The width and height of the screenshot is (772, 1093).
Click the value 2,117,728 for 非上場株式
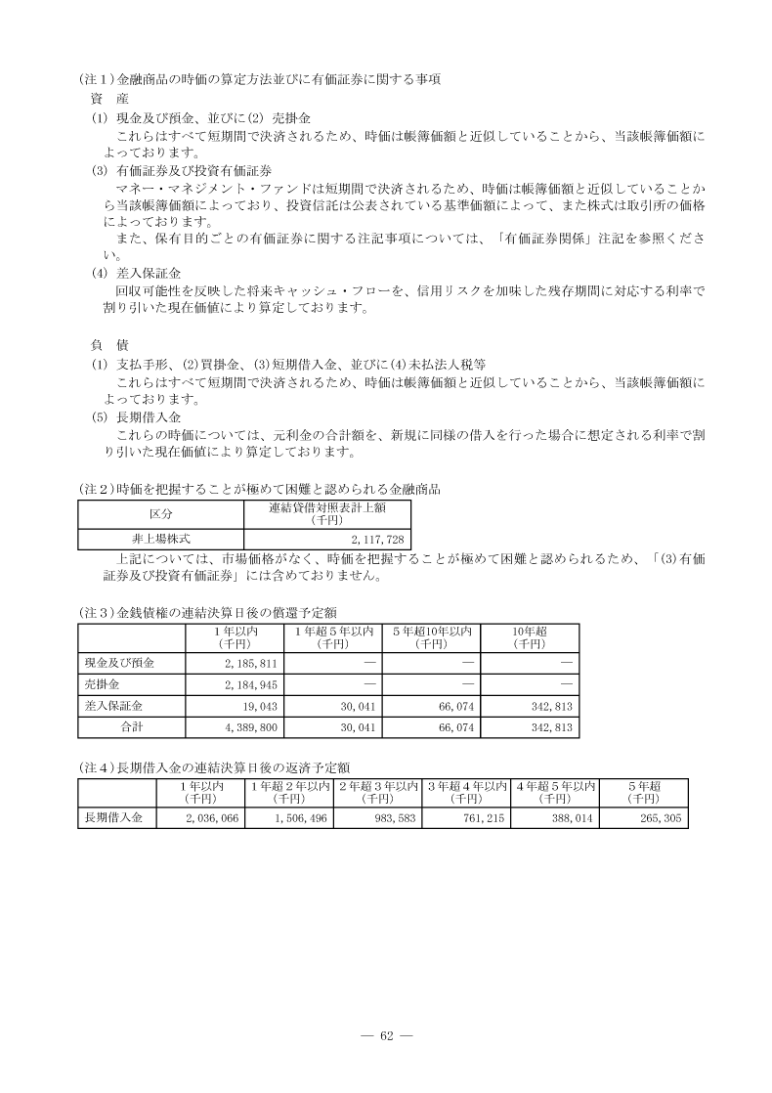click(376, 539)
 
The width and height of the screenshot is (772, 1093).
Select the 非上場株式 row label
click(160, 539)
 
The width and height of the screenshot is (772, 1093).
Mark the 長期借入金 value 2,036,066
click(212, 818)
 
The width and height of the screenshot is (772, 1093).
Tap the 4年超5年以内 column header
click(553, 792)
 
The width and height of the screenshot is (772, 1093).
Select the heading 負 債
click(104, 344)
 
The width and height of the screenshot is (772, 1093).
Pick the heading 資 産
click(104, 99)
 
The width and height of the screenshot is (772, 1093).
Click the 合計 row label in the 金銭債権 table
click(131, 727)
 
